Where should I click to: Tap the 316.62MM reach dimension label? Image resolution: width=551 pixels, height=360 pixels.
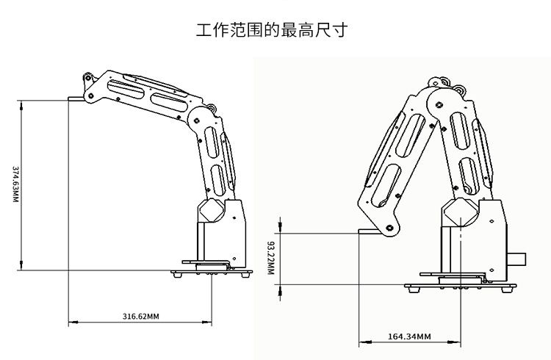coord(140,316)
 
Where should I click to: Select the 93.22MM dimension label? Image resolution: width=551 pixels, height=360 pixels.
coord(270,258)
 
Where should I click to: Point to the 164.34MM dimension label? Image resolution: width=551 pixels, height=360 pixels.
coord(408,336)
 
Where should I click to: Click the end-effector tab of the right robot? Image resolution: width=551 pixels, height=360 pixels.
coord(366,232)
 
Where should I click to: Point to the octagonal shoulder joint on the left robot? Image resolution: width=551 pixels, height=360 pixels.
coord(212,211)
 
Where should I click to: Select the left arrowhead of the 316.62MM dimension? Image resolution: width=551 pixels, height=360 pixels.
coord(71,323)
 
